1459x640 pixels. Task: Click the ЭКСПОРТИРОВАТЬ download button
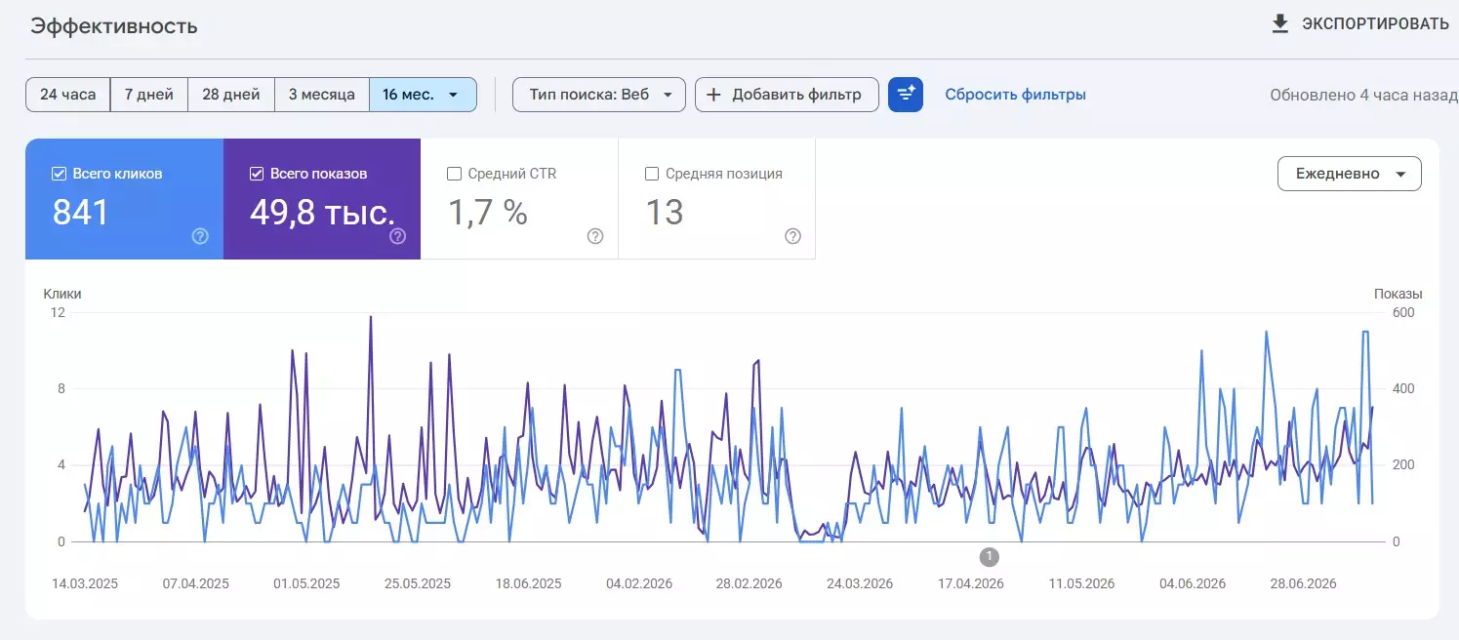click(1360, 24)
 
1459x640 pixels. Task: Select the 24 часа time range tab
click(67, 95)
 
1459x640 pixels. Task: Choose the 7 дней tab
click(149, 95)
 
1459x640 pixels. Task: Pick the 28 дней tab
click(231, 95)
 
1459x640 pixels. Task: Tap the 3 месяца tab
click(322, 95)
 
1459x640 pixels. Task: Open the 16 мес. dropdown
click(423, 95)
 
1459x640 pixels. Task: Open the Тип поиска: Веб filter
click(599, 95)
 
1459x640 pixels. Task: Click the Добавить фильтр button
click(787, 95)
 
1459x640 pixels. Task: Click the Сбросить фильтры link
click(1015, 95)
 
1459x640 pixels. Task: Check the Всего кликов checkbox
click(60, 174)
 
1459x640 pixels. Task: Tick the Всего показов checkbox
click(257, 174)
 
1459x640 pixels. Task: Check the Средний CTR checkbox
click(454, 174)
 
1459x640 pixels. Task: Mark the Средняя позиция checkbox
click(651, 174)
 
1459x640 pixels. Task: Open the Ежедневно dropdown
click(1350, 174)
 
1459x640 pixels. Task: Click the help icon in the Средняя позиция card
click(792, 236)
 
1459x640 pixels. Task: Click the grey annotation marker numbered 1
click(989, 557)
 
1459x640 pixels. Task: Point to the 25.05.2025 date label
click(418, 583)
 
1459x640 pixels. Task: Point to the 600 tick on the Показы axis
click(1403, 312)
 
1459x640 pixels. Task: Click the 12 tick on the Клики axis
click(58, 312)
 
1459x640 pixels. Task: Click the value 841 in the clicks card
click(80, 213)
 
